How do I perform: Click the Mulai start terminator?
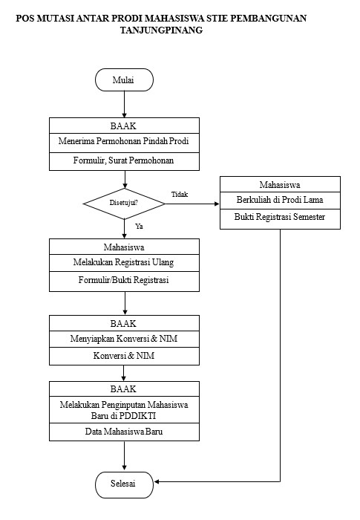point(124,80)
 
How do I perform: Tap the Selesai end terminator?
point(124,485)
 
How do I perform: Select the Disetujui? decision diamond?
point(124,204)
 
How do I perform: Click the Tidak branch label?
point(180,195)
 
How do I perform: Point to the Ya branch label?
point(139,226)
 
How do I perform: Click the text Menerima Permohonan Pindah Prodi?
point(124,141)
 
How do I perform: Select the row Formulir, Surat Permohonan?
point(124,161)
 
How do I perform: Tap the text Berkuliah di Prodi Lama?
point(280,200)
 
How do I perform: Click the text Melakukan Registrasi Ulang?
point(124,262)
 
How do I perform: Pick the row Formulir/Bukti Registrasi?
point(124,282)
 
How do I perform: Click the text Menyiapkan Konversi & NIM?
point(124,339)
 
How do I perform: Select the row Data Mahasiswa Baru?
point(124,432)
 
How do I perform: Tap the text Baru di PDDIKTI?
point(124,416)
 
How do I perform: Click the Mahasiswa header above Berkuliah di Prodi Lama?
point(280,185)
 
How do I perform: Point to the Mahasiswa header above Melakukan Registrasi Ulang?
point(124,247)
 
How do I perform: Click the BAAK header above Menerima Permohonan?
point(123,126)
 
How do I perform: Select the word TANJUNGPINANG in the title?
point(161,30)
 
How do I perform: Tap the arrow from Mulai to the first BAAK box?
point(124,105)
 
